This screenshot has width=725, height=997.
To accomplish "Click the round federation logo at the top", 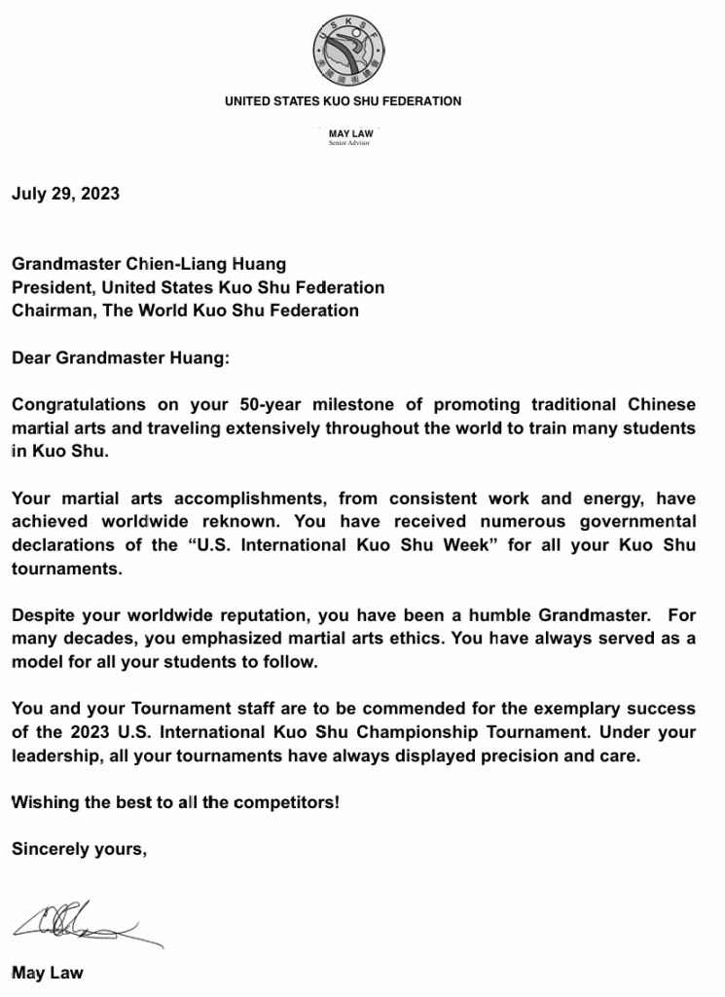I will pyautogui.click(x=347, y=49).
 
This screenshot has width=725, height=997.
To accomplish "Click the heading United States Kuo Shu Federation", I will pyautogui.click(x=343, y=101).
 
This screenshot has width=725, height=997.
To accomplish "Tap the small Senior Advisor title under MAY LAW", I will pyautogui.click(x=348, y=143).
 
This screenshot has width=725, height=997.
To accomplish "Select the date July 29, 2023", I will pyautogui.click(x=65, y=194).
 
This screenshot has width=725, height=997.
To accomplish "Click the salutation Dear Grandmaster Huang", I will pyautogui.click(x=122, y=357).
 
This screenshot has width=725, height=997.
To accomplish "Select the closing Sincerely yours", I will pyautogui.click(x=79, y=850).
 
